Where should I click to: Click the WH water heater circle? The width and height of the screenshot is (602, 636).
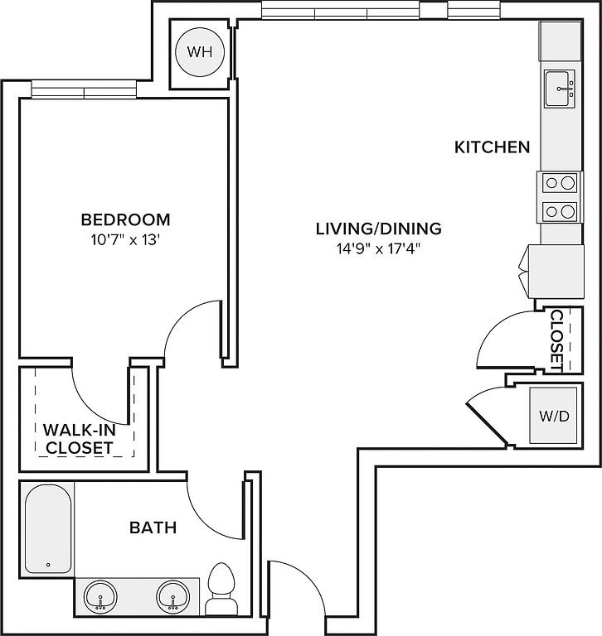point(200,52)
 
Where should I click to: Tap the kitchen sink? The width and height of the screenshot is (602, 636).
point(560,89)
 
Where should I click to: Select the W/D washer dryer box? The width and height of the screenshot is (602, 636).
point(553,416)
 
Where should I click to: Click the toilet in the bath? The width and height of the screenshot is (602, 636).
point(221,589)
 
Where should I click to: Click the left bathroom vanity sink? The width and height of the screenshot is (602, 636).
point(100,596)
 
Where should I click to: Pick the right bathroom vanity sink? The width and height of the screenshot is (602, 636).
point(172,596)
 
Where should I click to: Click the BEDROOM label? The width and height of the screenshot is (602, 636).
point(125,219)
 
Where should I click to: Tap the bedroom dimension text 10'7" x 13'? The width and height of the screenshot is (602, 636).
point(124,240)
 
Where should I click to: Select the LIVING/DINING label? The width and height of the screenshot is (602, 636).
point(379,229)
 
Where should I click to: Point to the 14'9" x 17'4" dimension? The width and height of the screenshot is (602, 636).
point(378,248)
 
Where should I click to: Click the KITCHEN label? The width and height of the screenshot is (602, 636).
point(493,147)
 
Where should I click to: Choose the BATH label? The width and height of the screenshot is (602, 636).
point(153,528)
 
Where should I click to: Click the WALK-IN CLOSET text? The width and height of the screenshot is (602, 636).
point(80,439)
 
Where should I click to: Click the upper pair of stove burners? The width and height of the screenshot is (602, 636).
point(561,183)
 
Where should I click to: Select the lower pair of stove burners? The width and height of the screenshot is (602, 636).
point(561,211)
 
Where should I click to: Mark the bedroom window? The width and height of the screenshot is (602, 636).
point(84,89)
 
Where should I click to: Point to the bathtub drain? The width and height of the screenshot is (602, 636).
point(48,565)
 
